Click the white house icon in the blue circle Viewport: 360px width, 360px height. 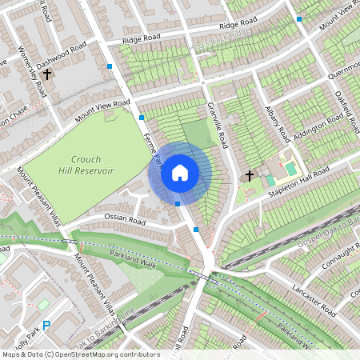[x=180, y=172]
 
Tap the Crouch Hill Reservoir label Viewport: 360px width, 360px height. [x=86, y=165]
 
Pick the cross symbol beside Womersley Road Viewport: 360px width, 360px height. [x=47, y=74]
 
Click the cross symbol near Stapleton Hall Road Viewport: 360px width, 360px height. [x=249, y=174]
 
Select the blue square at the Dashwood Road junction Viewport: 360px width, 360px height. [x=110, y=66]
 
